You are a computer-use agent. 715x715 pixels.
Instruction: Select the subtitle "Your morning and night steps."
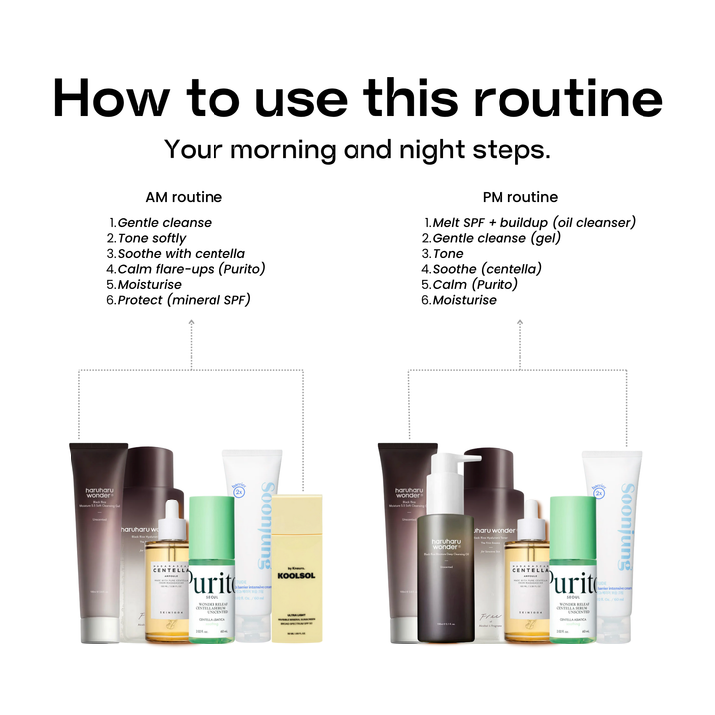click(x=357, y=150)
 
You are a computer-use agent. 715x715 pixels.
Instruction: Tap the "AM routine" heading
click(x=184, y=197)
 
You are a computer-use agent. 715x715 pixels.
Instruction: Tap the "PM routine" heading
click(x=519, y=197)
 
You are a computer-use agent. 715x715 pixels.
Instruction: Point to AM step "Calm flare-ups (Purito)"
click(x=192, y=269)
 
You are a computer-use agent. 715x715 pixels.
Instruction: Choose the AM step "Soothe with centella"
click(x=181, y=254)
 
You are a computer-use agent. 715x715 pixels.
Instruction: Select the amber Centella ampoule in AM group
click(x=166, y=586)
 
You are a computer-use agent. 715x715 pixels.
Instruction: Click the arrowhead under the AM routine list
click(x=191, y=336)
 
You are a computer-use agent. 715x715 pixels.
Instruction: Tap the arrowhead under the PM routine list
click(x=517, y=336)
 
